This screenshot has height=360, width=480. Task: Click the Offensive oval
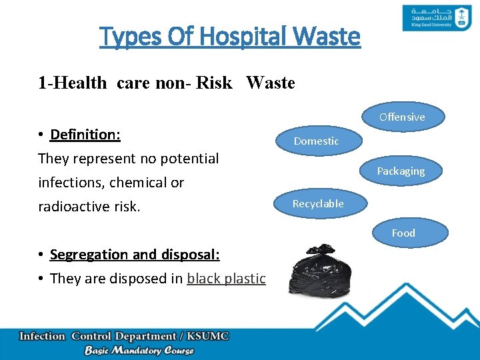[x=402, y=117]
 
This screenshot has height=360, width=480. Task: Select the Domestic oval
[x=317, y=141]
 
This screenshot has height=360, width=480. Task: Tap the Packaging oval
[x=401, y=171]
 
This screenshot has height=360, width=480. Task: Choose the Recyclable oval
[x=318, y=203]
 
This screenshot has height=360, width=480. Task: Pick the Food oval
[x=403, y=233]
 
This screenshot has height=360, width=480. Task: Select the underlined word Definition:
[x=85, y=135]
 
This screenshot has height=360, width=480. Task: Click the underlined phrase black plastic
[x=226, y=279]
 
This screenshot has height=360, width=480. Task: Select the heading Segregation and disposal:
[x=135, y=255]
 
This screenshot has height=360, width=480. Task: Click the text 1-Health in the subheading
[x=72, y=83]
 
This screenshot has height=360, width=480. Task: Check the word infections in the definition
[x=70, y=183]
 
